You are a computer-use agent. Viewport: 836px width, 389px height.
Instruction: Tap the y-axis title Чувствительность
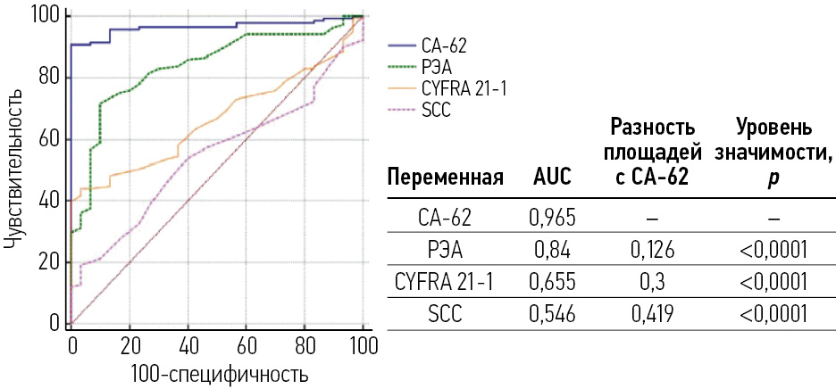pos(13,170)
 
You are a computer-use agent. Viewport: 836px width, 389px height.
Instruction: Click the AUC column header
pos(552,178)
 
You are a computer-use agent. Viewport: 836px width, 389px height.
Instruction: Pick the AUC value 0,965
pos(552,216)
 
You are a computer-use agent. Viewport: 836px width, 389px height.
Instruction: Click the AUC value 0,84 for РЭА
pos(552,249)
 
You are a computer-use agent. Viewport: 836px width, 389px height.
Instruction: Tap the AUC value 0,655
pos(552,282)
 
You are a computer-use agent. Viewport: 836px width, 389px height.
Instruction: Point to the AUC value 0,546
pos(552,314)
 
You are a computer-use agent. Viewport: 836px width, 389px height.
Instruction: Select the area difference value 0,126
pos(649,249)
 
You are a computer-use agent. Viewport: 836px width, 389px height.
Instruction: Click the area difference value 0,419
pos(649,314)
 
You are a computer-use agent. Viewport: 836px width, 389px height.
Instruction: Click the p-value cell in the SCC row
pos(773,314)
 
